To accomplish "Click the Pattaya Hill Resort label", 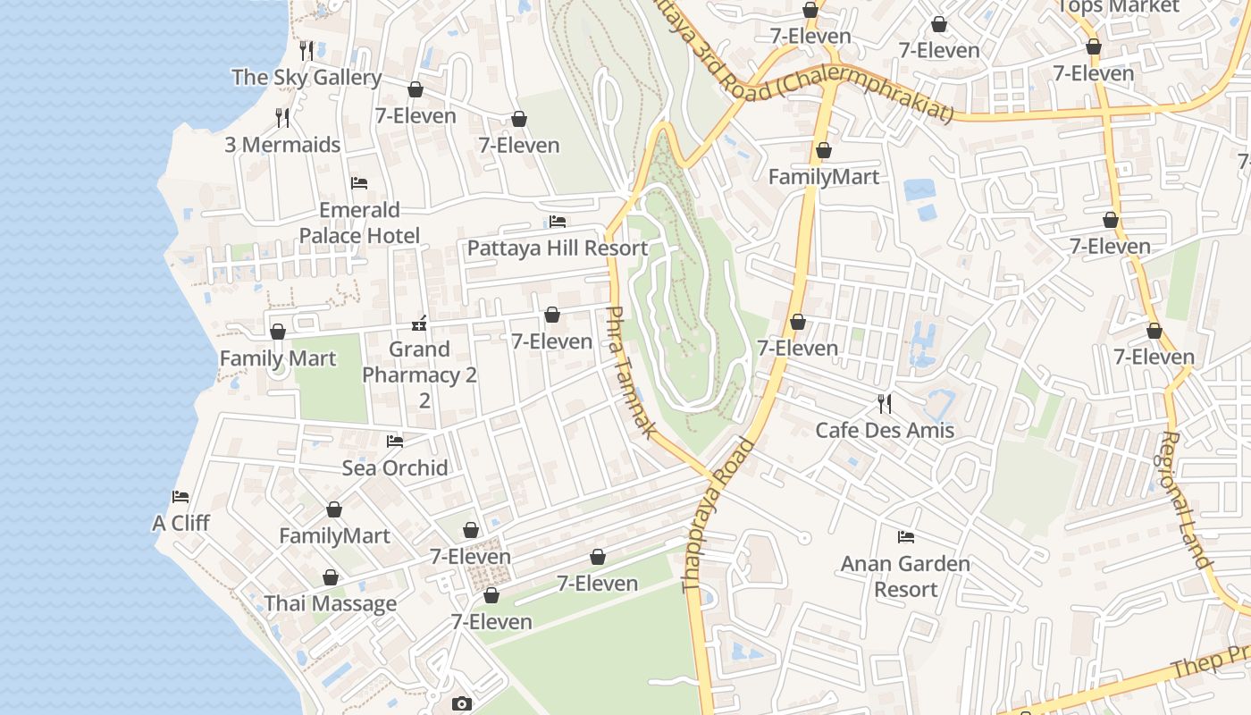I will point(557,248).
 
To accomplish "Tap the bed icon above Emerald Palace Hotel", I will point(359,183).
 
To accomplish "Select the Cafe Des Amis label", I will point(885,430).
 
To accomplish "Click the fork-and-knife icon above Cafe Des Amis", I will point(885,404).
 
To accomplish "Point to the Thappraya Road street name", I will point(718,516).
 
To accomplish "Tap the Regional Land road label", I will point(1185,500).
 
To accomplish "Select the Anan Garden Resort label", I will point(905,576).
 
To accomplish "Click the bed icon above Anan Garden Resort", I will point(905,537).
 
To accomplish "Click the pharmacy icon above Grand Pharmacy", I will point(419,324).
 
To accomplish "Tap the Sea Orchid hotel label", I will point(395,467).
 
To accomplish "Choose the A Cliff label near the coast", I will point(181,523).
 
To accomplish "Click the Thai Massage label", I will point(330,603).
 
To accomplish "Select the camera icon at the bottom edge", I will point(461,703).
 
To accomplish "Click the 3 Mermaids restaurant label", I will point(282,145).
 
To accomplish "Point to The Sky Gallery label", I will point(306,78).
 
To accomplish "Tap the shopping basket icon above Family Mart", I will point(278,332).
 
